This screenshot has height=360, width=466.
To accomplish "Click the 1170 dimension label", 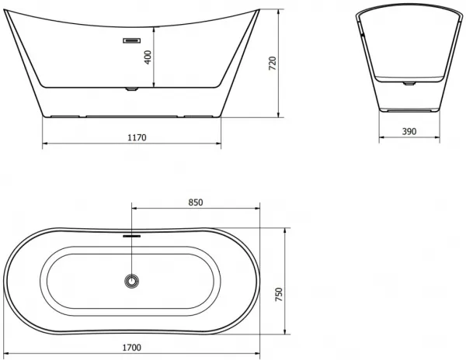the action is [137, 137].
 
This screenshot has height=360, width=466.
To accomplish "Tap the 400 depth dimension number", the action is [148, 57].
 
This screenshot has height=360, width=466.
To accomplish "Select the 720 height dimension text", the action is [273, 63].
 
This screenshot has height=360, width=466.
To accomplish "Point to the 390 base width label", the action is [409, 131].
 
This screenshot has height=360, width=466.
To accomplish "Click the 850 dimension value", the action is [196, 202].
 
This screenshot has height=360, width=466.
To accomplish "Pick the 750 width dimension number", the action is [279, 294].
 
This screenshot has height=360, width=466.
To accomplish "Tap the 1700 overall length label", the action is [132, 348].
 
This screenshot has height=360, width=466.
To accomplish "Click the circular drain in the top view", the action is [132, 281].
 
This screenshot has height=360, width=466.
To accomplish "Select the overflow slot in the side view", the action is [132, 40].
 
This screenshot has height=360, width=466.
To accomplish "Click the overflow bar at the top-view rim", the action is [132, 236].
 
